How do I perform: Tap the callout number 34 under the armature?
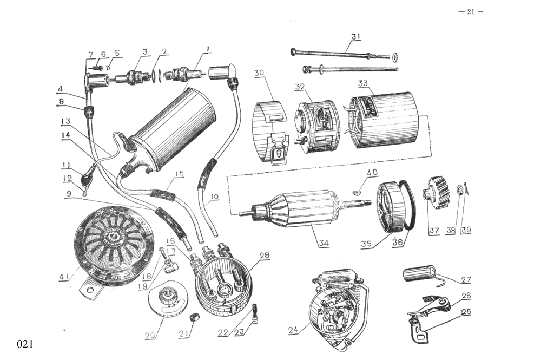(x=324, y=244)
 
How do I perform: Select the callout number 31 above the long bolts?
(x=355, y=36)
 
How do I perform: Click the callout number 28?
(x=265, y=255)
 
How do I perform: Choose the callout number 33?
(x=363, y=84)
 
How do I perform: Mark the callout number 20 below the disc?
(x=150, y=336)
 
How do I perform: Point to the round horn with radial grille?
(x=114, y=244)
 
